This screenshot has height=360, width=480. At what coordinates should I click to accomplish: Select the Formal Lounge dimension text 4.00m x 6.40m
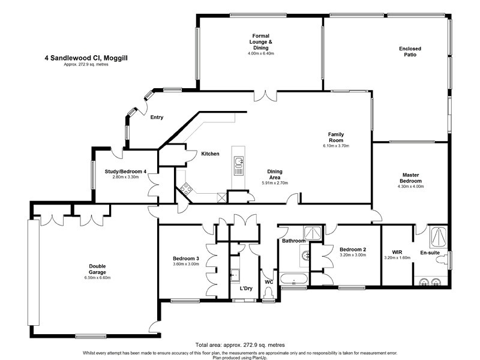click(261, 53)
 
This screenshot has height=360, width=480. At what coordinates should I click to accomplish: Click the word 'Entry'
click(157, 118)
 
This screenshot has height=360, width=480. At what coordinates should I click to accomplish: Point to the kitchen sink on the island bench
click(239, 161)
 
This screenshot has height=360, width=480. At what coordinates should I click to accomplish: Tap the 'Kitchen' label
click(210, 154)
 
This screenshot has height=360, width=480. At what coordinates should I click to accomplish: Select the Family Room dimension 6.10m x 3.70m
click(335, 145)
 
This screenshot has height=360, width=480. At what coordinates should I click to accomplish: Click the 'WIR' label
click(397, 252)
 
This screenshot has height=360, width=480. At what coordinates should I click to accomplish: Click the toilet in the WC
click(268, 292)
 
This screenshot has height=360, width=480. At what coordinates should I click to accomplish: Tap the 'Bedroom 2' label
click(353, 250)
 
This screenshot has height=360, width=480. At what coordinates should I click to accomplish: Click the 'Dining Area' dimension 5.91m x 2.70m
click(275, 183)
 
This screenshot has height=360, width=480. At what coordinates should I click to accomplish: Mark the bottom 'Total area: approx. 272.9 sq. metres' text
click(239, 346)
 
